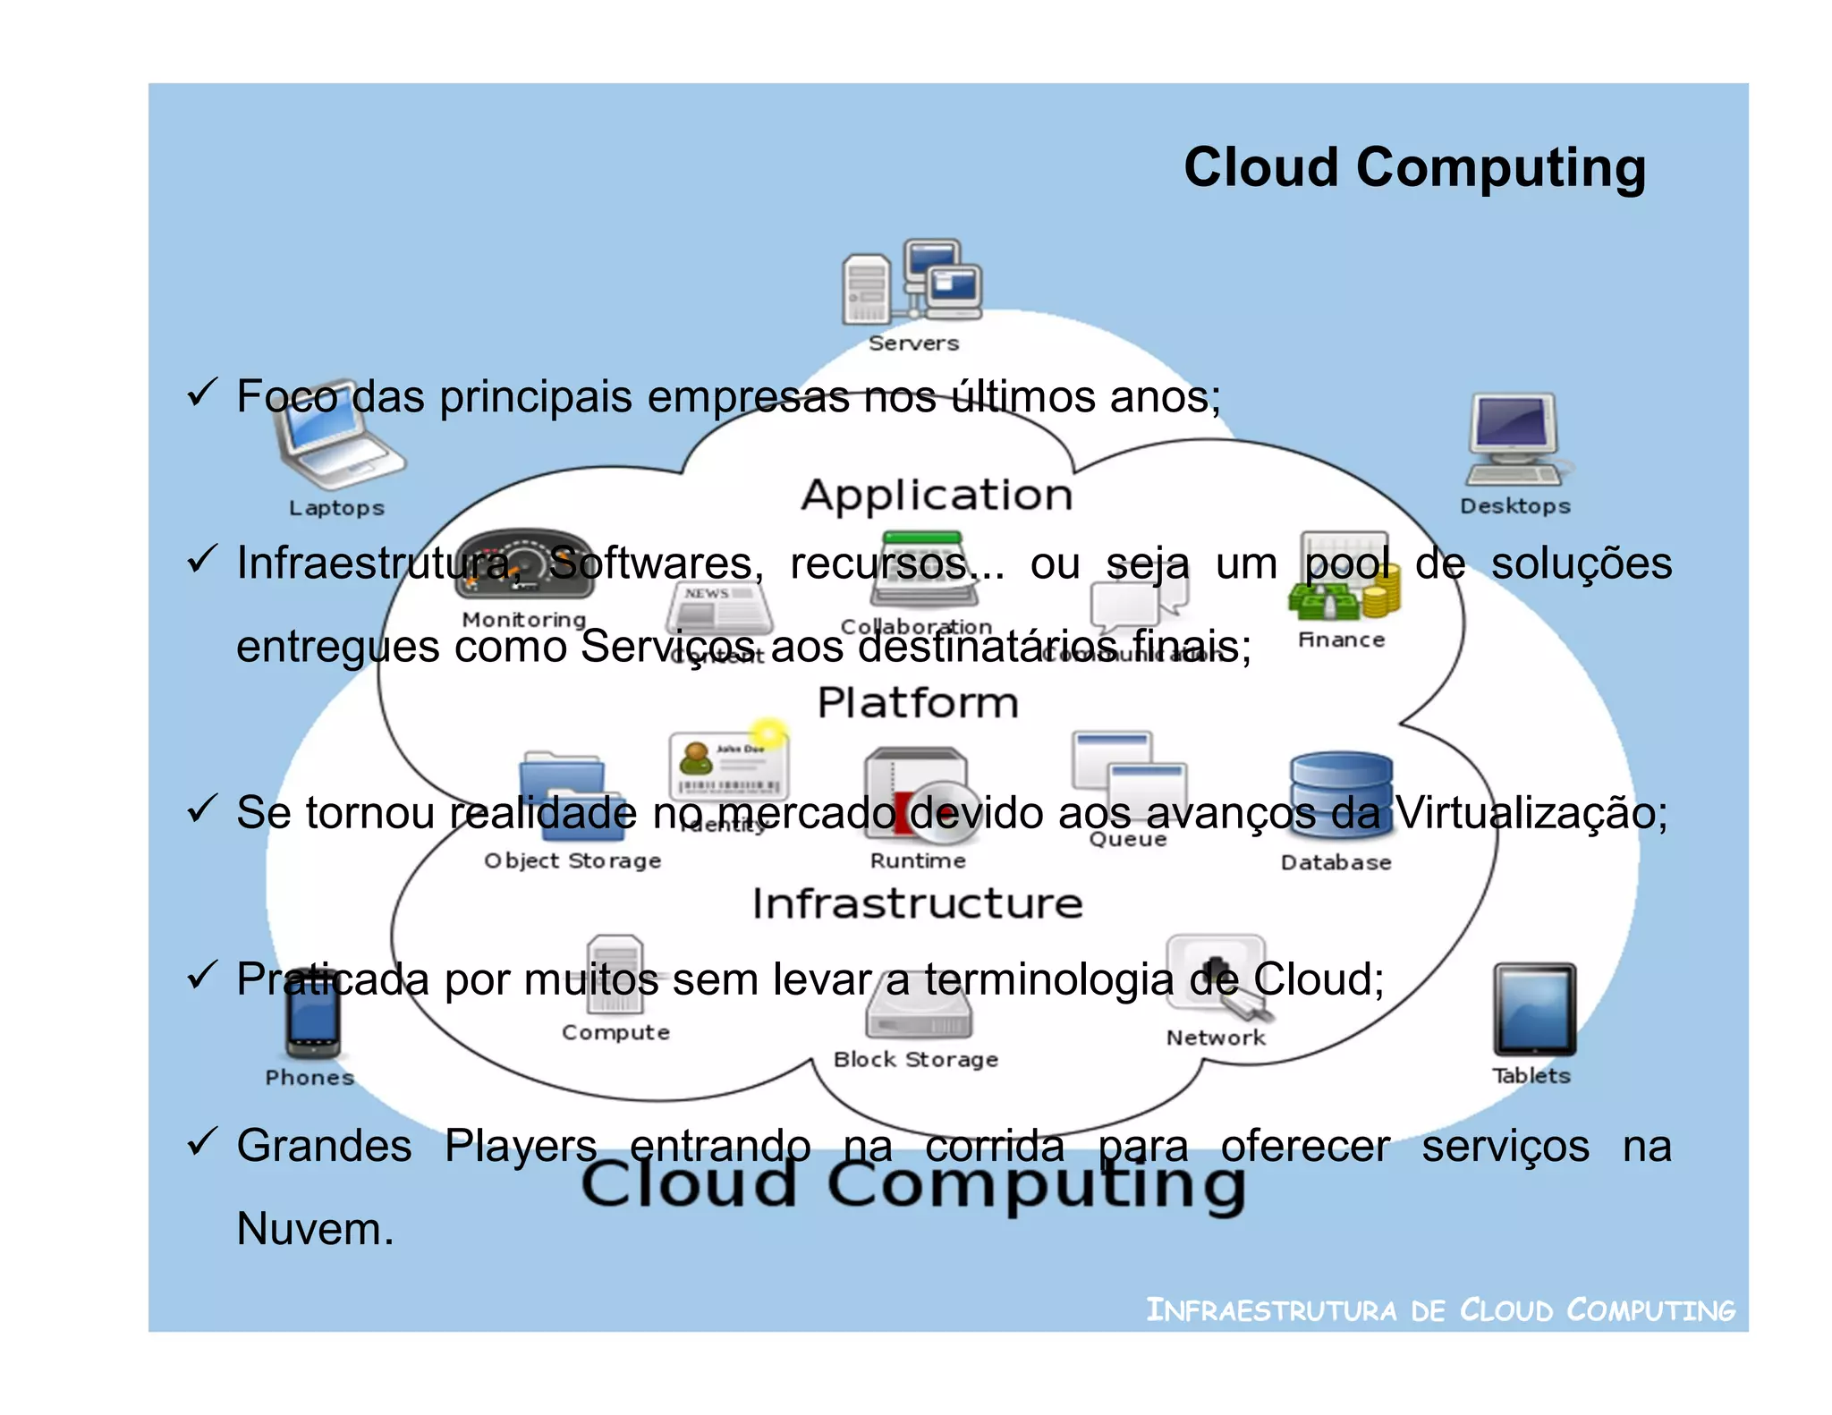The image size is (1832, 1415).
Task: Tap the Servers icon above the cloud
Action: (x=912, y=281)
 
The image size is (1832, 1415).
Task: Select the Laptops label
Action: (x=336, y=508)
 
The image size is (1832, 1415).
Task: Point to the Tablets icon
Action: (x=1533, y=1010)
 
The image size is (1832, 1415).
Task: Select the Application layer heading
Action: (x=936, y=496)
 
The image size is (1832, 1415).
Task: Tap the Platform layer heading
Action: (x=918, y=703)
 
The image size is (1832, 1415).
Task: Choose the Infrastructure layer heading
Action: (x=918, y=903)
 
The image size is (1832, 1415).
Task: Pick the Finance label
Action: (x=1341, y=640)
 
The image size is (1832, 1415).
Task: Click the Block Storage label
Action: (x=915, y=1060)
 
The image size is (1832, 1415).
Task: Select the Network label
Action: (x=1216, y=1038)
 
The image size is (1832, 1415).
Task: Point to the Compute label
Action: (x=615, y=1032)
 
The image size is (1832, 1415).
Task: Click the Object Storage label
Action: (x=572, y=860)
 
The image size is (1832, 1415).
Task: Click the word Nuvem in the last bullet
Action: (x=315, y=1229)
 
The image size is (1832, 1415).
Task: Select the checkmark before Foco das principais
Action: (x=202, y=393)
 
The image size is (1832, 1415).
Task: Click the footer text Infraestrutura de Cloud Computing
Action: (x=1439, y=1310)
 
